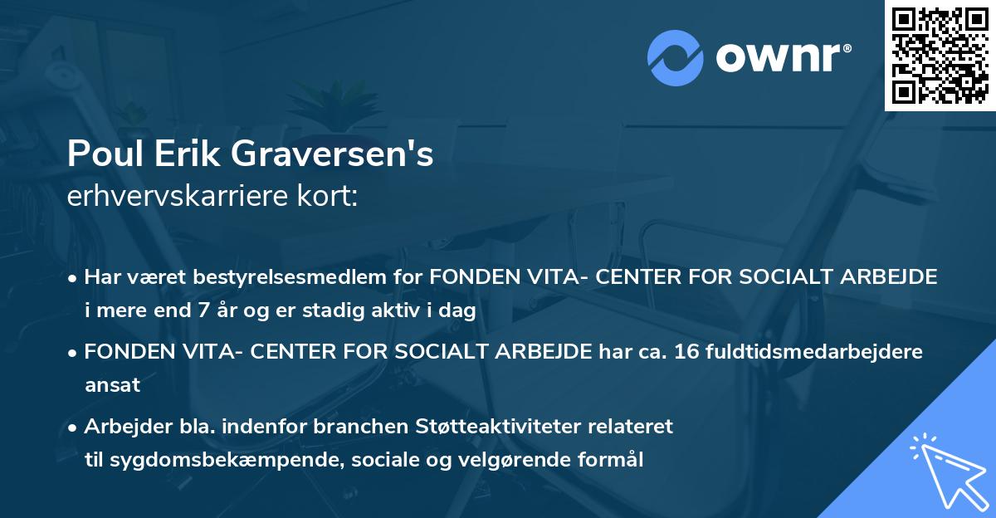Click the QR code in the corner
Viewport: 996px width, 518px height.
coord(940,55)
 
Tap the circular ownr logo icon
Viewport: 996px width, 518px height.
coord(674,57)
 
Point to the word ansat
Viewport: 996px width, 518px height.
coord(112,386)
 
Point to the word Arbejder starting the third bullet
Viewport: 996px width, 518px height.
coord(123,427)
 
